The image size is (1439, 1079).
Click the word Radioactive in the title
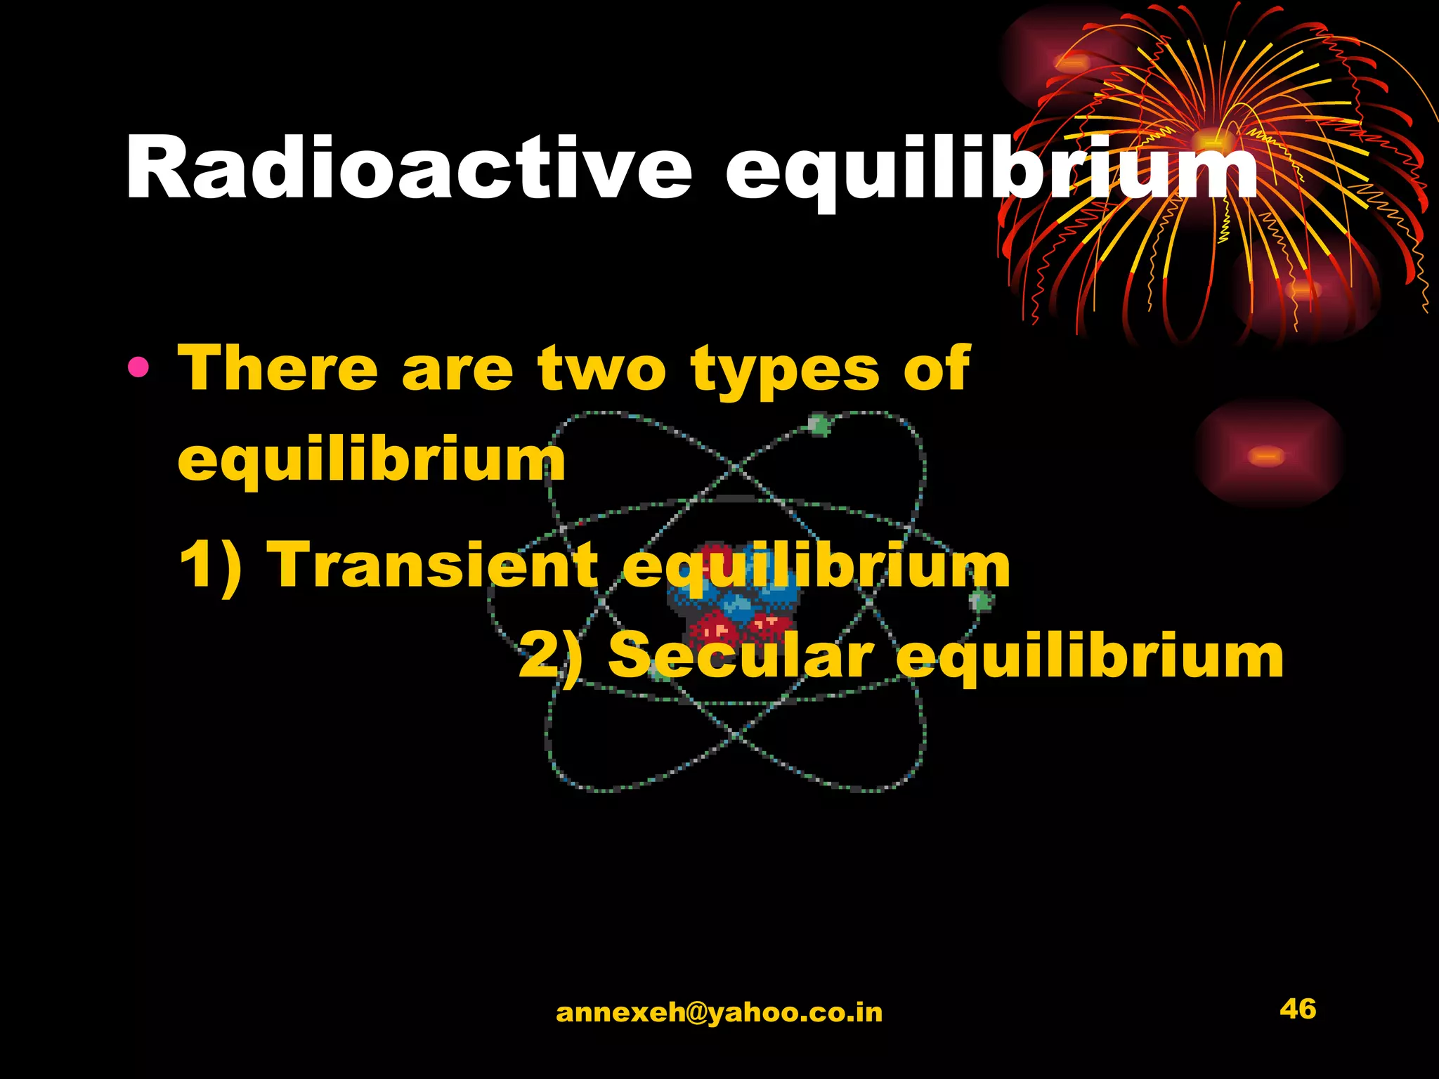pyautogui.click(x=408, y=169)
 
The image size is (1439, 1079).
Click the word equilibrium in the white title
pyautogui.click(x=991, y=172)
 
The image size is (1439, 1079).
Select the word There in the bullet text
pyautogui.click(x=278, y=369)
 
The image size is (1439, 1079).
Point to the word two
pyautogui.click(x=601, y=369)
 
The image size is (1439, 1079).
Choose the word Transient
pyautogui.click(x=436, y=565)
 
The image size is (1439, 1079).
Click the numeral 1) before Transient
pyautogui.click(x=211, y=565)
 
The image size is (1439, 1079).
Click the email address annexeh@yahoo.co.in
pyautogui.click(x=719, y=1012)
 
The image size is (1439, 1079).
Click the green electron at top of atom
pyautogui.click(x=819, y=424)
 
